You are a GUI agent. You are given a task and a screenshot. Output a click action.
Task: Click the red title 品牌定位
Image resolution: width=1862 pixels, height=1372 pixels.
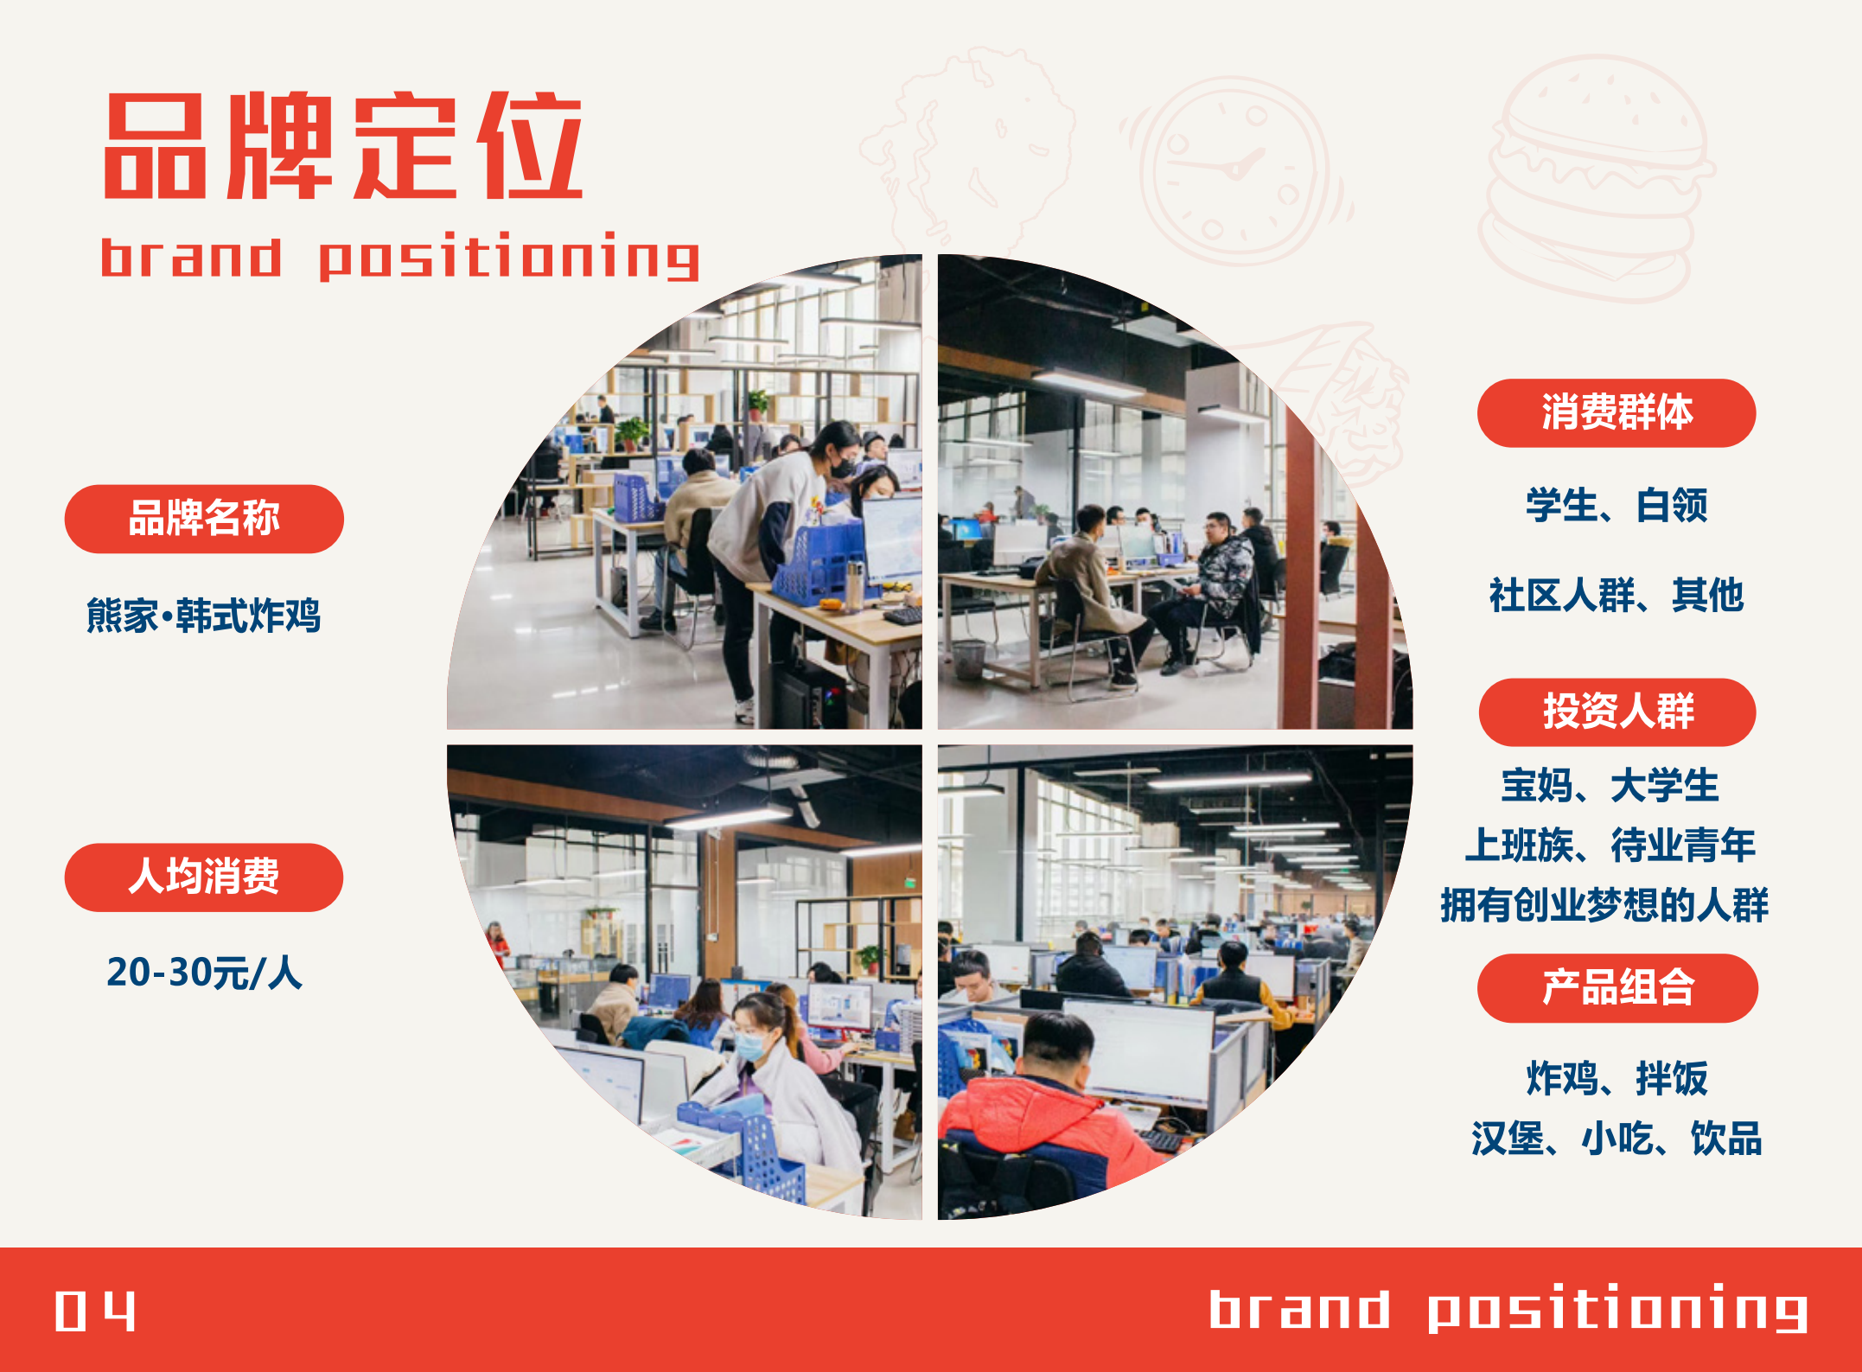click(343, 145)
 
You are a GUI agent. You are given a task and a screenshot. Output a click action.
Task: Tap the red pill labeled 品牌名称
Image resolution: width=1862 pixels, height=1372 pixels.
click(204, 519)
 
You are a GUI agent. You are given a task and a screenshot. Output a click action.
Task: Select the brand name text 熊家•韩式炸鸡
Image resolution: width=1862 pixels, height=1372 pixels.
click(203, 616)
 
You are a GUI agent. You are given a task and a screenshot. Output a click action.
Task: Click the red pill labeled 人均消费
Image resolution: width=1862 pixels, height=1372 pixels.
click(204, 877)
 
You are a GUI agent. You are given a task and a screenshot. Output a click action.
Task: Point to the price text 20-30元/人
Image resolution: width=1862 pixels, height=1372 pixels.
click(204, 973)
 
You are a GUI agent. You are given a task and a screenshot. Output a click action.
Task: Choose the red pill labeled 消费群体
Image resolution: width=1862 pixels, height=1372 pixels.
click(1616, 413)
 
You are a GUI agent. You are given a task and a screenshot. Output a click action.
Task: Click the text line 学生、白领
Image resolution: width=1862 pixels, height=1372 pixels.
click(1616, 506)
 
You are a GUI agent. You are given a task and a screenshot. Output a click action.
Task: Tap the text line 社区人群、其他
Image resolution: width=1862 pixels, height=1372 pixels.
click(1616, 596)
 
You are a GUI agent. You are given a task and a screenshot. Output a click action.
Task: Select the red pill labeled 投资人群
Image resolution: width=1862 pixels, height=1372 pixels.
click(1617, 712)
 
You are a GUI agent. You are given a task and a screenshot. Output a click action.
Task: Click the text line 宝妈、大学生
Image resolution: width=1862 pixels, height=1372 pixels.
click(1610, 786)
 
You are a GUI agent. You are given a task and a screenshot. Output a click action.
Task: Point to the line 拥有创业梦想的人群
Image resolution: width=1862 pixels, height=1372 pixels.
click(1604, 905)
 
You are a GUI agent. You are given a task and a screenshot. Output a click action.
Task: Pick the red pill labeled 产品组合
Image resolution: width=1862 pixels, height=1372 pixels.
click(1617, 988)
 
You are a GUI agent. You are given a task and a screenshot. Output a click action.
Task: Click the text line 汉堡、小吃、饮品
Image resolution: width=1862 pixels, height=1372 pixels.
click(1616, 1139)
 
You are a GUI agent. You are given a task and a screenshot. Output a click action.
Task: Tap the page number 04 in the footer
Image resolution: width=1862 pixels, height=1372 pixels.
click(95, 1311)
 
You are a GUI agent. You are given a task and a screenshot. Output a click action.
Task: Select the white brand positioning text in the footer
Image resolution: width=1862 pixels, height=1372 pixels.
click(1508, 1310)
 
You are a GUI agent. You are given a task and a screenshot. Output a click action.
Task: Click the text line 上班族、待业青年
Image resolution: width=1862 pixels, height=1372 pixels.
click(1610, 846)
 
